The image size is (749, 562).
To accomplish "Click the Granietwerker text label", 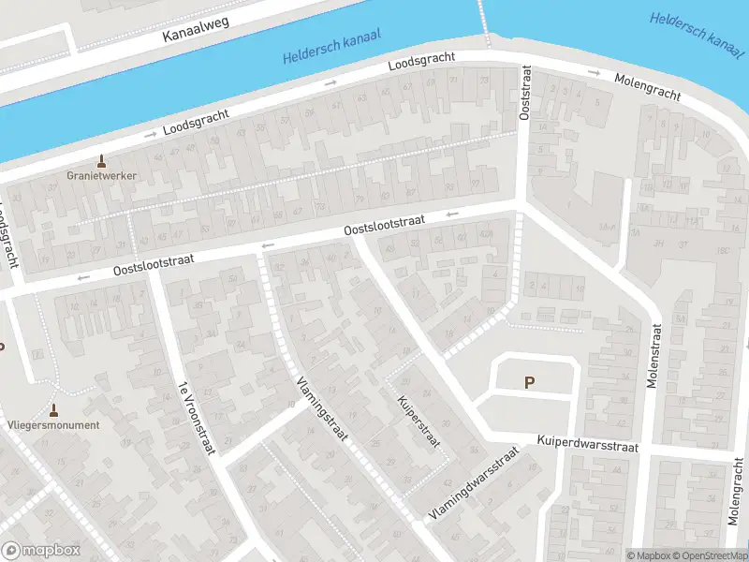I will tap(101, 175).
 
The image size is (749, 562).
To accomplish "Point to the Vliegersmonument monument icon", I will tap(53, 410).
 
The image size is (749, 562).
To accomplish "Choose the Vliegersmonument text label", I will tap(52, 424).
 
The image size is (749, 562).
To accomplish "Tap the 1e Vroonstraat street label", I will tap(197, 418).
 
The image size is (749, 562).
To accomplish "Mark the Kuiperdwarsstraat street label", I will tap(587, 443).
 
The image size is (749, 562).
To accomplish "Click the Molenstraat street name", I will tap(654, 356).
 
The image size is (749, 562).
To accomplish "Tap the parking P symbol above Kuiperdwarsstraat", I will tap(530, 382).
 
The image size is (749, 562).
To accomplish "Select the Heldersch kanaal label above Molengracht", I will tap(694, 31).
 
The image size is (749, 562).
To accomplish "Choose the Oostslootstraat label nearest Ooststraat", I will tap(384, 225).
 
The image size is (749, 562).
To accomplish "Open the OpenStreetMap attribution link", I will tap(709, 555).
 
